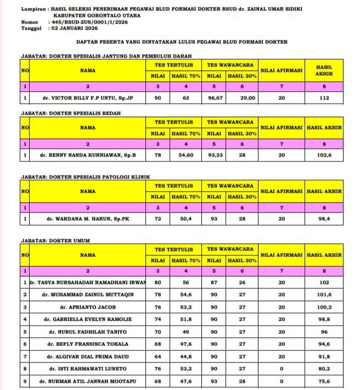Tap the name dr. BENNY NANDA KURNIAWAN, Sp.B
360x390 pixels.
pyautogui.click(x=88, y=155)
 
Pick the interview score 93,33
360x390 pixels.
pyautogui.click(x=215, y=155)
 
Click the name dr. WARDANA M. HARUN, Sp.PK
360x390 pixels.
pyautogui.click(x=88, y=219)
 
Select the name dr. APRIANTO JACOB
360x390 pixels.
pyautogui.click(x=88, y=307)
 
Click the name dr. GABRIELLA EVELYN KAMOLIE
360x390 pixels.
pyautogui.click(x=88, y=319)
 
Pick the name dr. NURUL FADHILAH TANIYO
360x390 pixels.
pyautogui.click(x=88, y=332)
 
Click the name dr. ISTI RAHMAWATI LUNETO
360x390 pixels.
pyautogui.click(x=88, y=369)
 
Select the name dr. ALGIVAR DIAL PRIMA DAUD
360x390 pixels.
pyautogui.click(x=88, y=356)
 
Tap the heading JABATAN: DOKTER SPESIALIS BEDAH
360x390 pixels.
pyautogui.click(x=71, y=113)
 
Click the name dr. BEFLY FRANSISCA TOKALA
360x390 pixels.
pyautogui.click(x=88, y=344)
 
